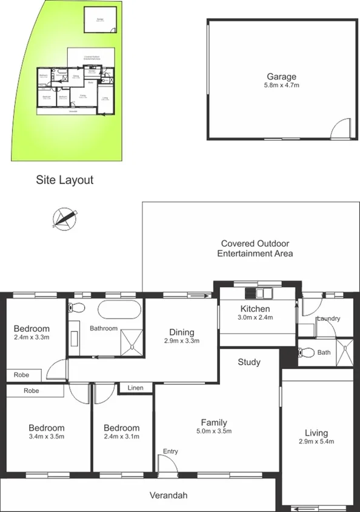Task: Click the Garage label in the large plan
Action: pyautogui.click(x=282, y=76)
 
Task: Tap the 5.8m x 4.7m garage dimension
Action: pyautogui.click(x=282, y=86)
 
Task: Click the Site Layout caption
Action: pyautogui.click(x=64, y=180)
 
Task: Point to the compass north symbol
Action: pyautogui.click(x=65, y=217)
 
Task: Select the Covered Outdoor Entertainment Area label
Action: pyautogui.click(x=255, y=248)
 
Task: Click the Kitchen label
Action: pyautogui.click(x=255, y=308)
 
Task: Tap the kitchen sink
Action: pyautogui.click(x=265, y=294)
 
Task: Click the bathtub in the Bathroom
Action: pyautogui.click(x=119, y=309)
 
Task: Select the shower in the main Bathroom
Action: pyautogui.click(x=132, y=341)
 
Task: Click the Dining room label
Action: pyautogui.click(x=182, y=332)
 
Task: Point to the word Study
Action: pyautogui.click(x=249, y=362)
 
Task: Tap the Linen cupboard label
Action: pyautogui.click(x=136, y=387)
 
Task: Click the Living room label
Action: pyautogui.click(x=316, y=433)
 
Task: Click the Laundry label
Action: pyautogui.click(x=328, y=318)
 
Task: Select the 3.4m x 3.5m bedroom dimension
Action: pyautogui.click(x=46, y=436)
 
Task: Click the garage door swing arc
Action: pyautogui.click(x=341, y=128)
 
